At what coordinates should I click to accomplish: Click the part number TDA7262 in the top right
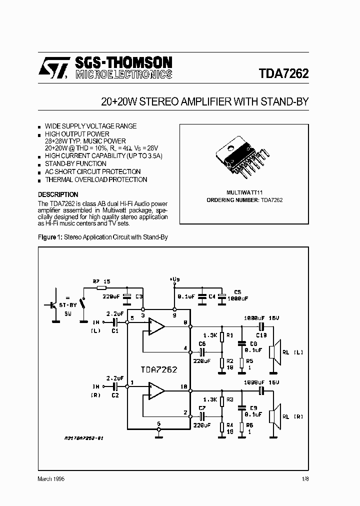click(x=283, y=73)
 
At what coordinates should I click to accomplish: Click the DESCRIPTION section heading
click(x=58, y=194)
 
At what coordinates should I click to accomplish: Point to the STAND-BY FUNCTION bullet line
click(x=75, y=163)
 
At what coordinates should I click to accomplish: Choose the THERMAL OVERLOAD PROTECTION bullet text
click(x=96, y=179)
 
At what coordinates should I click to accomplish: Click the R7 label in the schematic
click(x=96, y=281)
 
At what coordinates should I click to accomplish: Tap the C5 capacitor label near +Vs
click(x=237, y=291)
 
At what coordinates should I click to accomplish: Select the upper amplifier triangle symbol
click(x=157, y=327)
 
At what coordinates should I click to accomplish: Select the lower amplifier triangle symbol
click(x=157, y=390)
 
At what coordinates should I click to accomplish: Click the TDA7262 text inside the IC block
click(x=158, y=369)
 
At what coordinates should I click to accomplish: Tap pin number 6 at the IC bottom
click(x=158, y=423)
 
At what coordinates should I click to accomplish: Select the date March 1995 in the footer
click(x=51, y=478)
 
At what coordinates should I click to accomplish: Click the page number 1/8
click(x=304, y=478)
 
